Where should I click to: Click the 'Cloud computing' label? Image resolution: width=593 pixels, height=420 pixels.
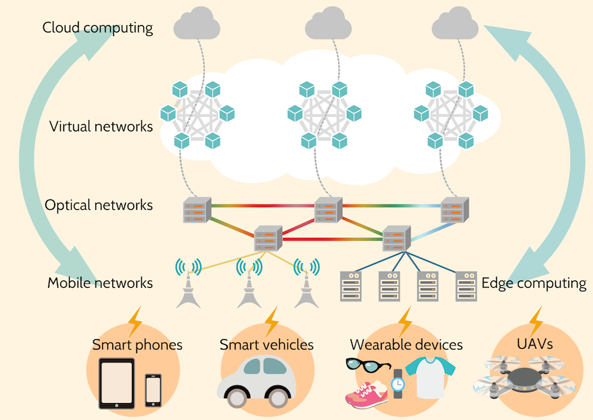[x=97, y=28]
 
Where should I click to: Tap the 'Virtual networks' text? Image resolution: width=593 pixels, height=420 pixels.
[x=101, y=127]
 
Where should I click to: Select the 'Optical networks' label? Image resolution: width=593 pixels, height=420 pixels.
[x=99, y=205]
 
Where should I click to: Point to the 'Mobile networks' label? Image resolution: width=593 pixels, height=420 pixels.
[x=100, y=282]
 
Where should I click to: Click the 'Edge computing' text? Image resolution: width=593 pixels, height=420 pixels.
[x=533, y=282]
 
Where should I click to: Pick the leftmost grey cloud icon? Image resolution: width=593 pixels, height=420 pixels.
[x=197, y=26]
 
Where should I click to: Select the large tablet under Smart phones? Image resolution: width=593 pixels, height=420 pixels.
[x=117, y=383]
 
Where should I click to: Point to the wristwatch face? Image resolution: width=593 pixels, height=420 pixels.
[x=398, y=383]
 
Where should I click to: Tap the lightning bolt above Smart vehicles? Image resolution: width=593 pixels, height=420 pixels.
[x=270, y=321]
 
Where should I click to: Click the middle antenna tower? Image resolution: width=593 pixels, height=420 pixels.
[x=249, y=284]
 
